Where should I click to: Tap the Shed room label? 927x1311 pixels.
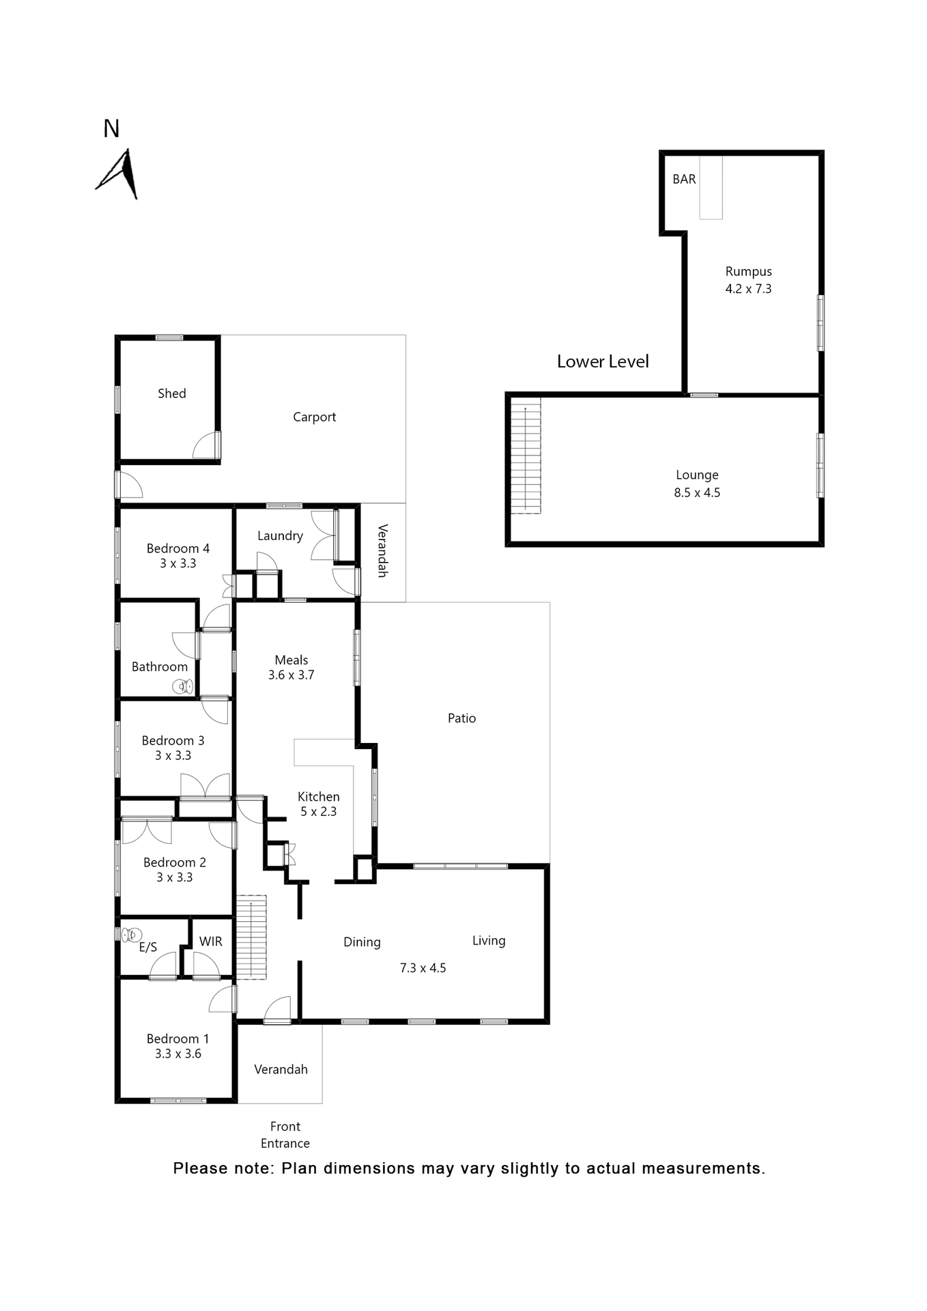171,393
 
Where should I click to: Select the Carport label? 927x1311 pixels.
314,417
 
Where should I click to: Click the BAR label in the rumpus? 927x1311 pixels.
684,179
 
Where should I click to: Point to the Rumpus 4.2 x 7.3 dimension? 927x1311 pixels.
748,289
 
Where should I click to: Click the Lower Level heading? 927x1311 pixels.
602,361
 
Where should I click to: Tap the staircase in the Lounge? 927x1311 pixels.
526,455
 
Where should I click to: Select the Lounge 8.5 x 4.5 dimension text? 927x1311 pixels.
697,492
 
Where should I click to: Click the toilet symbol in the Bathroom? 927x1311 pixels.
183,686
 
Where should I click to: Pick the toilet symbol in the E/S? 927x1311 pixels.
132,934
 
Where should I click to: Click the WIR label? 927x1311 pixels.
210,941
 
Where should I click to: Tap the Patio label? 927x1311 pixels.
461,718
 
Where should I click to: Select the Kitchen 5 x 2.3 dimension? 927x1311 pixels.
318,811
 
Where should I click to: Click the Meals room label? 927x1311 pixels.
291,660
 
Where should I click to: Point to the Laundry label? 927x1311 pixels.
280,535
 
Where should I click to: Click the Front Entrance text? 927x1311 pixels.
285,1134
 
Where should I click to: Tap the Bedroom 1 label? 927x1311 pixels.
177,1039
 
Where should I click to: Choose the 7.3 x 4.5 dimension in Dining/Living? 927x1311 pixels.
423,968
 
